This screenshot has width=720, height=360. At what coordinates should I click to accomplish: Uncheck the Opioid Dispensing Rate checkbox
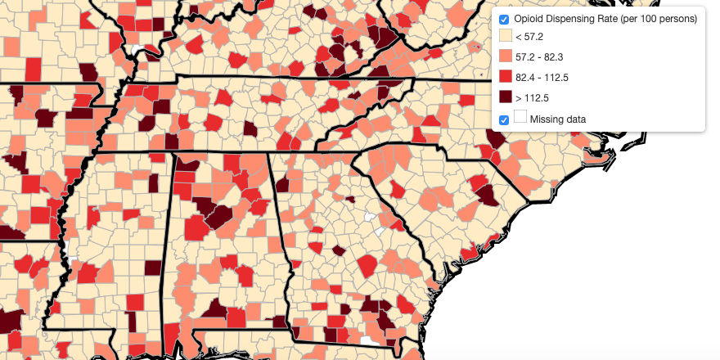pyautogui.click(x=504, y=19)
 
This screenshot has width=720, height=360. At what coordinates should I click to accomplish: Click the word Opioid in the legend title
pyautogui.click(x=529, y=19)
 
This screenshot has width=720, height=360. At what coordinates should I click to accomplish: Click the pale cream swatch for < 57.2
pyautogui.click(x=505, y=37)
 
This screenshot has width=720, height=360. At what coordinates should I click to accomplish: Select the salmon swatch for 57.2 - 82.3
pyautogui.click(x=505, y=56)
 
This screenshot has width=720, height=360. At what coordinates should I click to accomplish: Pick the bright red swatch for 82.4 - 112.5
pyautogui.click(x=505, y=77)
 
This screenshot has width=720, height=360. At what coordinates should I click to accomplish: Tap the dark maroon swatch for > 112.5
pyautogui.click(x=505, y=97)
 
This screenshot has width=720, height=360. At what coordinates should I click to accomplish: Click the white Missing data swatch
pyautogui.click(x=520, y=118)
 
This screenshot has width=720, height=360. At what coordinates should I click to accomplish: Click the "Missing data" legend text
pyautogui.click(x=557, y=119)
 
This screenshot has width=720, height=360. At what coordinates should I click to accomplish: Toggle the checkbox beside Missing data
pyautogui.click(x=504, y=119)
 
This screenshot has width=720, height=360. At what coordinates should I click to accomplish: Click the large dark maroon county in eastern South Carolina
pyautogui.click(x=488, y=195)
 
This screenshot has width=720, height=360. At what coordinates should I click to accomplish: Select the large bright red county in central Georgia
pyautogui.click(x=367, y=266)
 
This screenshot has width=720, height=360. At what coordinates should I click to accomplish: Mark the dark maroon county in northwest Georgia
pyautogui.click(x=283, y=185)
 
